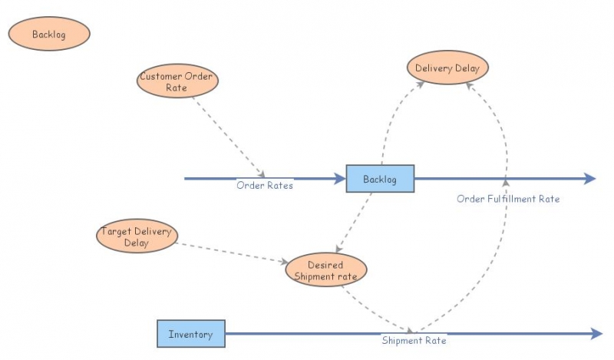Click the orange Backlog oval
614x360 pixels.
click(49, 35)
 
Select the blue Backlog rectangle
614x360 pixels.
click(380, 179)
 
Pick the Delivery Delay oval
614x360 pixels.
click(447, 68)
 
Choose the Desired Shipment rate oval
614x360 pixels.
click(326, 270)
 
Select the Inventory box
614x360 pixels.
click(191, 334)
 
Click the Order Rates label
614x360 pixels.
click(264, 185)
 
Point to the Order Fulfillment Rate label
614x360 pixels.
click(508, 199)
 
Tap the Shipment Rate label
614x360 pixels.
click(414, 340)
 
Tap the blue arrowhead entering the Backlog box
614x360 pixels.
click(339, 179)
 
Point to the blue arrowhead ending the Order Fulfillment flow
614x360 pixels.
click(589, 179)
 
